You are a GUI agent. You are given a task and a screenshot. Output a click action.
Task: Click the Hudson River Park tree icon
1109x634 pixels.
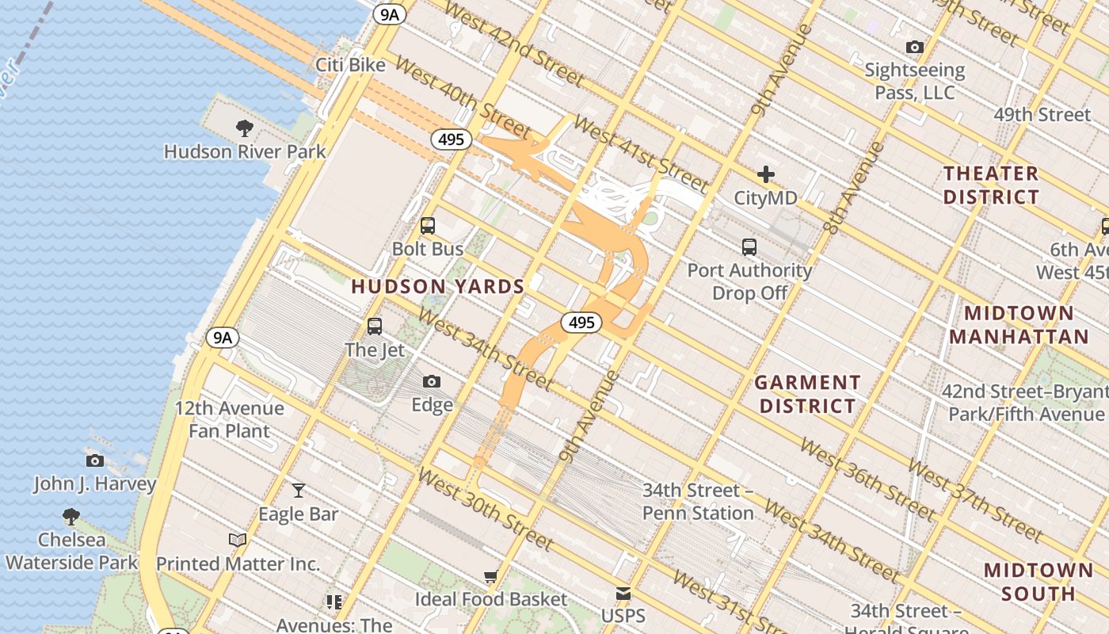pos(245,128)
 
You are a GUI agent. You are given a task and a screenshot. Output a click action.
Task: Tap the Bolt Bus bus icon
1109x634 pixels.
pos(428,226)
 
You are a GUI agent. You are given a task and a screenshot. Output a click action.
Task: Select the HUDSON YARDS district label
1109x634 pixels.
pos(438,287)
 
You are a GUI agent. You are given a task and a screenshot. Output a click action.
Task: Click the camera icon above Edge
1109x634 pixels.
pos(432,382)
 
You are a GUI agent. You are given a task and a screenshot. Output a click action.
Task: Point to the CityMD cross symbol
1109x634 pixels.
pos(765,174)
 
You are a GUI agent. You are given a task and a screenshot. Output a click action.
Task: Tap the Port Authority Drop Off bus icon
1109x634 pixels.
pos(749,247)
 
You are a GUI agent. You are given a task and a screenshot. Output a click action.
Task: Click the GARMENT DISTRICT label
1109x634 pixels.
pos(806,394)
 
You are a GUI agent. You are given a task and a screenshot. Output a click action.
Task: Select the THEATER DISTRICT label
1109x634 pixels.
pos(991,185)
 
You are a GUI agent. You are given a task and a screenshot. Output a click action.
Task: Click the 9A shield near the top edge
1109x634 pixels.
pos(390,13)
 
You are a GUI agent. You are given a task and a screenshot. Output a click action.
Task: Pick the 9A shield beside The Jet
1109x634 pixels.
pos(223,338)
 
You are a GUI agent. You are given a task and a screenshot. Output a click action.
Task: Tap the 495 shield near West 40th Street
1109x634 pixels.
pos(451,139)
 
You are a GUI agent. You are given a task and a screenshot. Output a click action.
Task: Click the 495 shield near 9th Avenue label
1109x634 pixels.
pos(581,323)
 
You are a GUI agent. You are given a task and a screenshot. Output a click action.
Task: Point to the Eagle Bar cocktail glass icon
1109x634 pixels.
pos(299,491)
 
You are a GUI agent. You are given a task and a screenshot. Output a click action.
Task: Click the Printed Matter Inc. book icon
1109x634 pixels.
pos(238,540)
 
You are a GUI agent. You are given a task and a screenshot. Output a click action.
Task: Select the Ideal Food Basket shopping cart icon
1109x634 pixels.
pos(491,576)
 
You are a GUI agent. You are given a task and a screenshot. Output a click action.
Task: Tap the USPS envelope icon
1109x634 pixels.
pos(623,593)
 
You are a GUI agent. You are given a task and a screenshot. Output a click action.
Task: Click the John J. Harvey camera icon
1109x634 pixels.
pos(94,460)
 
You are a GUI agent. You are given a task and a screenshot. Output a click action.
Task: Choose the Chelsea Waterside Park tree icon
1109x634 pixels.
pos(71,517)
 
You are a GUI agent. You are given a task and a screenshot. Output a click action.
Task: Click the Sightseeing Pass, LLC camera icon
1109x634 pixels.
pos(915,48)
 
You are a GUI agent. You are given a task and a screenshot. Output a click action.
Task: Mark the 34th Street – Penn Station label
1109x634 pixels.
pos(698,502)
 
